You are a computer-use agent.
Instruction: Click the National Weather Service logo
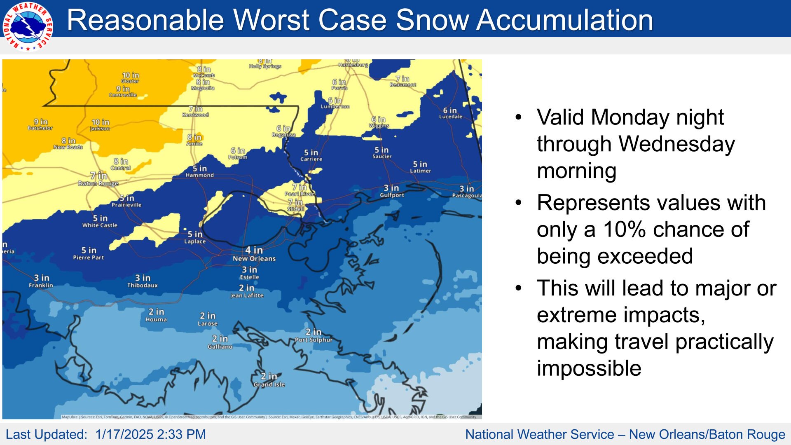click(x=28, y=26)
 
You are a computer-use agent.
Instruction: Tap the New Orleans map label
click(x=254, y=259)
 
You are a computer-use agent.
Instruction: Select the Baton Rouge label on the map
click(x=98, y=183)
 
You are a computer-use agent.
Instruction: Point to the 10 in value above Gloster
click(x=130, y=75)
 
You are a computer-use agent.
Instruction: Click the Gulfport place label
click(x=392, y=195)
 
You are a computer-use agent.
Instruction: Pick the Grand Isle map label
click(x=269, y=384)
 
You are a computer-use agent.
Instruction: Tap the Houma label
click(x=156, y=319)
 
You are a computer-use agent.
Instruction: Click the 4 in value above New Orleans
click(x=254, y=250)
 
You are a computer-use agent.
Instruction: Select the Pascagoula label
click(x=467, y=195)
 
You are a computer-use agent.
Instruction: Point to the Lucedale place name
click(x=450, y=117)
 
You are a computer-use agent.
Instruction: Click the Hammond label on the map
click(x=199, y=175)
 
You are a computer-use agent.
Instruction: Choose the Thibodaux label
click(x=142, y=285)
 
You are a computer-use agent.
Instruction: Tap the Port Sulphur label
click(x=313, y=340)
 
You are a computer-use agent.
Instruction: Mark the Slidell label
click(x=295, y=209)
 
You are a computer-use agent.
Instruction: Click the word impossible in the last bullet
click(x=589, y=368)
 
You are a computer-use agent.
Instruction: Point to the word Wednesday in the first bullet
click(x=676, y=144)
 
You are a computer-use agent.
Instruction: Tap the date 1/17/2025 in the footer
click(x=124, y=434)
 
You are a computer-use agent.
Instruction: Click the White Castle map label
click(x=100, y=225)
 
